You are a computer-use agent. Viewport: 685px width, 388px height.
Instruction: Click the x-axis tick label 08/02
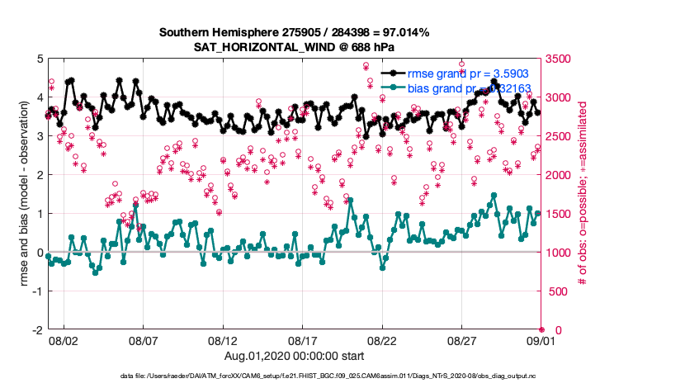[x=64, y=339]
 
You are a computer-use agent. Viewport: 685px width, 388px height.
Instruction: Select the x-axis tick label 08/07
[x=144, y=339]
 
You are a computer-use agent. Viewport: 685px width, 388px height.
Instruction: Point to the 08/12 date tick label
[x=223, y=339]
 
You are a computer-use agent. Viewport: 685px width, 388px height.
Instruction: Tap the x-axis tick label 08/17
[x=303, y=339]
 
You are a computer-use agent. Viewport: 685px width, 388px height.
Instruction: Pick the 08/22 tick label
[x=382, y=339]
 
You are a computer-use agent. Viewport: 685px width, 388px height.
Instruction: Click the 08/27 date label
[x=462, y=339]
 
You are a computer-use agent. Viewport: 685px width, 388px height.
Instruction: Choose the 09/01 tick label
[x=541, y=339]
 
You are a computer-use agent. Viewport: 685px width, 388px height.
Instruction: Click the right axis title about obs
[x=583, y=194]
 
